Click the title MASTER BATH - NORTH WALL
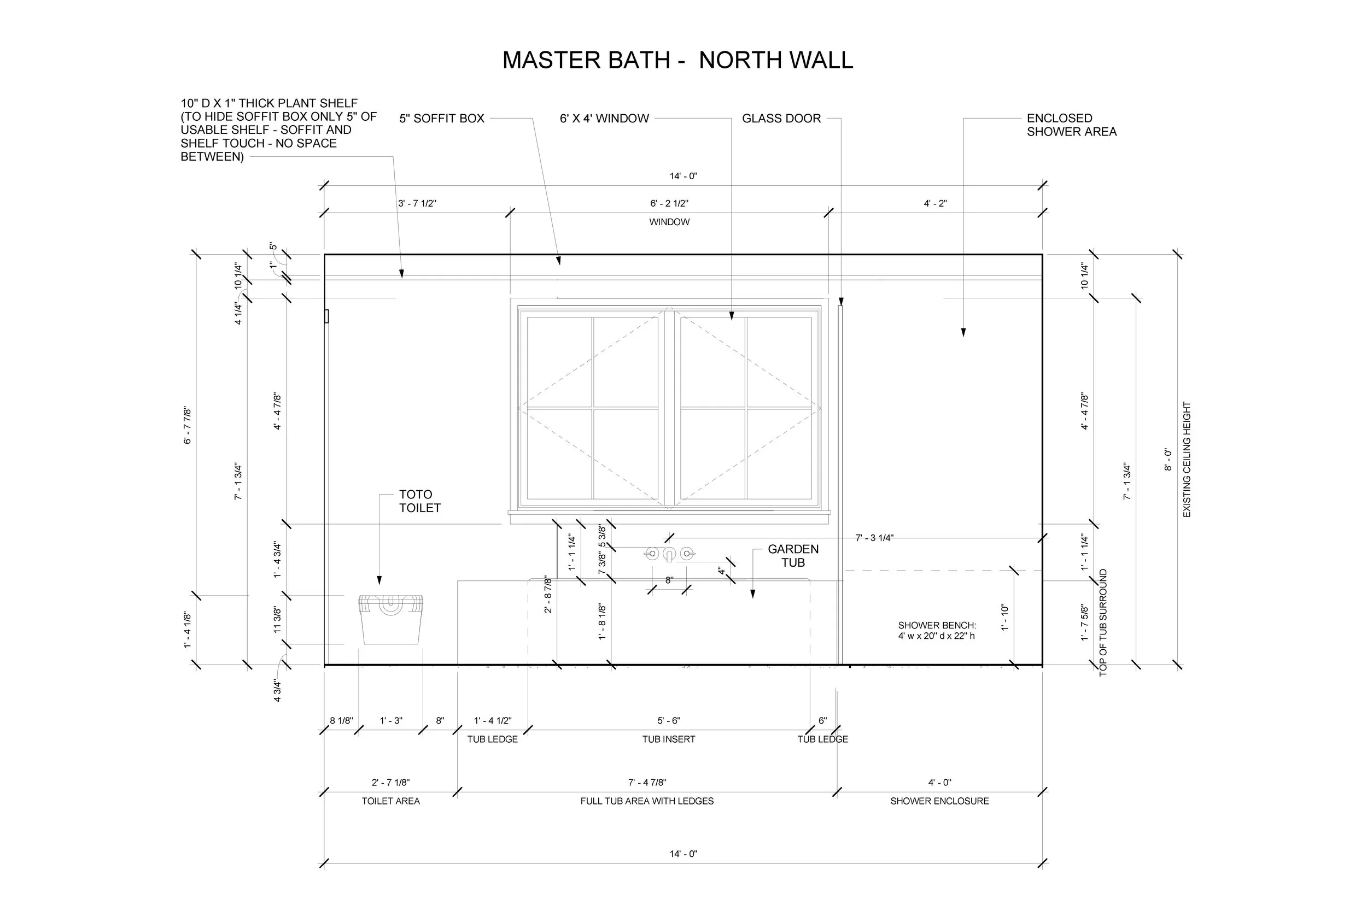click(x=677, y=61)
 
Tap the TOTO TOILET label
click(x=419, y=501)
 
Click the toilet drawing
click(x=390, y=619)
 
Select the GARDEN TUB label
click(x=793, y=555)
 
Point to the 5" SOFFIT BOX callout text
click(x=441, y=119)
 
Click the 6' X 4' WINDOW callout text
click(x=604, y=119)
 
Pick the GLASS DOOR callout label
click(x=781, y=119)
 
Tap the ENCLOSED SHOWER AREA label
click(x=1071, y=125)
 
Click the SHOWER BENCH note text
click(x=936, y=631)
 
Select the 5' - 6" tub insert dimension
click(x=668, y=720)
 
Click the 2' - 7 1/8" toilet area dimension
click(x=390, y=783)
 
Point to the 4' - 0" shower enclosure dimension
click(x=939, y=783)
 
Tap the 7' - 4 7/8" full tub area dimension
click(x=647, y=783)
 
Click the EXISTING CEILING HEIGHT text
click(x=1186, y=459)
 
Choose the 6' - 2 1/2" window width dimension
click(x=669, y=203)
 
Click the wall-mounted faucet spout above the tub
click(x=669, y=554)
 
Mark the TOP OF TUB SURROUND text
click(x=1102, y=622)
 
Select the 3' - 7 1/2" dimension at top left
click(x=417, y=203)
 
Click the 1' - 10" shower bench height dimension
click(x=1004, y=618)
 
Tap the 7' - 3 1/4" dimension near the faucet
click(x=874, y=538)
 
